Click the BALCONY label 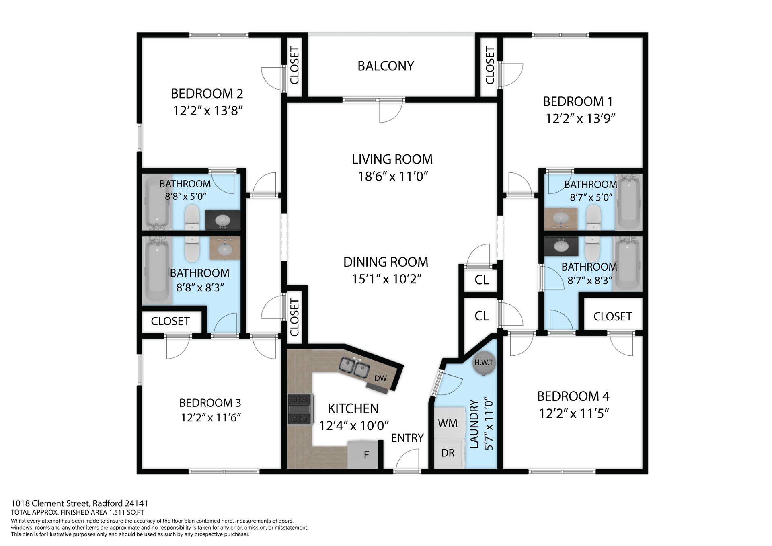(386, 66)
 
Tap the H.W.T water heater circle (484, 362)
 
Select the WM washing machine (448, 423)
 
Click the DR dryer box (448, 453)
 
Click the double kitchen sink (354, 367)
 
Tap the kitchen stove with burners (300, 409)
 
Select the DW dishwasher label (380, 378)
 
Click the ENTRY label (407, 438)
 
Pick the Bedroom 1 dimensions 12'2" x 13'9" (580, 119)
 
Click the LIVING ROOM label (392, 159)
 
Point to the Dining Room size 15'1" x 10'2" (386, 279)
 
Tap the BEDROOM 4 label (573, 396)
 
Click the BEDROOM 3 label (210, 403)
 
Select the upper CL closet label (482, 280)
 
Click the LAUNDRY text (474, 424)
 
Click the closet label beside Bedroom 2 (294, 66)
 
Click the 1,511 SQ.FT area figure (126, 512)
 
